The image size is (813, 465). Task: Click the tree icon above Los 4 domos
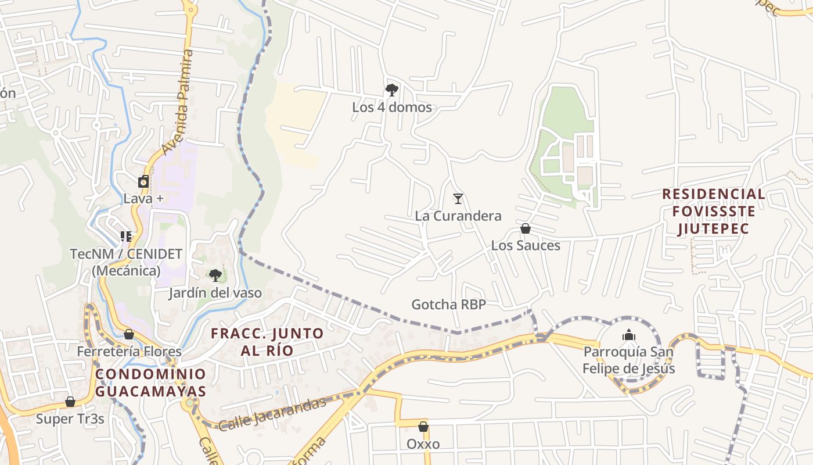pyautogui.click(x=391, y=90)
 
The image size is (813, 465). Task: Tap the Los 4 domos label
pyautogui.click(x=392, y=108)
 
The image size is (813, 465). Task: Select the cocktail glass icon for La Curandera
pyautogui.click(x=458, y=199)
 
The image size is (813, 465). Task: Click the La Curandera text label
pyautogui.click(x=458, y=216)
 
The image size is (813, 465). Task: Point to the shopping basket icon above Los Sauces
pyautogui.click(x=526, y=228)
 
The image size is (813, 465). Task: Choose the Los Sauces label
pyautogui.click(x=526, y=245)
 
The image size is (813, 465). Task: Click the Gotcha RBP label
pyautogui.click(x=448, y=305)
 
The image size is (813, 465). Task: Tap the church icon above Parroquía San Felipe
pyautogui.click(x=629, y=335)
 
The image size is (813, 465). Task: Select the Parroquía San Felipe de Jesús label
pyautogui.click(x=629, y=360)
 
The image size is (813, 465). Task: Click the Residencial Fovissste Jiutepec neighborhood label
pyautogui.click(x=714, y=211)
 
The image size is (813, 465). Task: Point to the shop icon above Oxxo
pyautogui.click(x=423, y=427)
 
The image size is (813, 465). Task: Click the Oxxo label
pyautogui.click(x=423, y=444)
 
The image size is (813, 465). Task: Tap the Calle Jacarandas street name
pyautogui.click(x=272, y=414)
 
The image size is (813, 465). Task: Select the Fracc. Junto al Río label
pyautogui.click(x=267, y=342)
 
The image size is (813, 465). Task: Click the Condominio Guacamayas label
pyautogui.click(x=150, y=382)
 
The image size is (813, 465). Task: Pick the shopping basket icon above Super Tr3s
pyautogui.click(x=70, y=402)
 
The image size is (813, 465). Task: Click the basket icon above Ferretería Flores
pyautogui.click(x=129, y=334)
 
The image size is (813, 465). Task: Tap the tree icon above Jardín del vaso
pyautogui.click(x=215, y=276)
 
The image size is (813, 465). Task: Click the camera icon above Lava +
pyautogui.click(x=143, y=181)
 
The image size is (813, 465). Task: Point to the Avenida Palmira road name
pyautogui.click(x=178, y=102)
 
